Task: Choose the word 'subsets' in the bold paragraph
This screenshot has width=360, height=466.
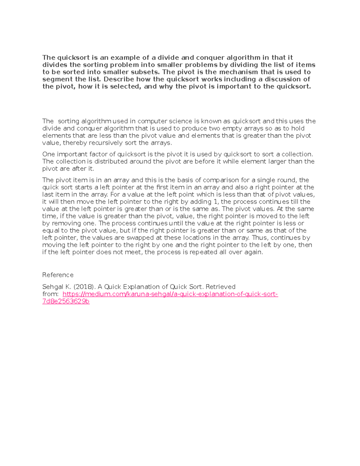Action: pos(147,72)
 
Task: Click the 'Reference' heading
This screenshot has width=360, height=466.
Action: pos(58,275)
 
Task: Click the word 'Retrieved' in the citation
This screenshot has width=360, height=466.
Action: pos(220,287)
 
